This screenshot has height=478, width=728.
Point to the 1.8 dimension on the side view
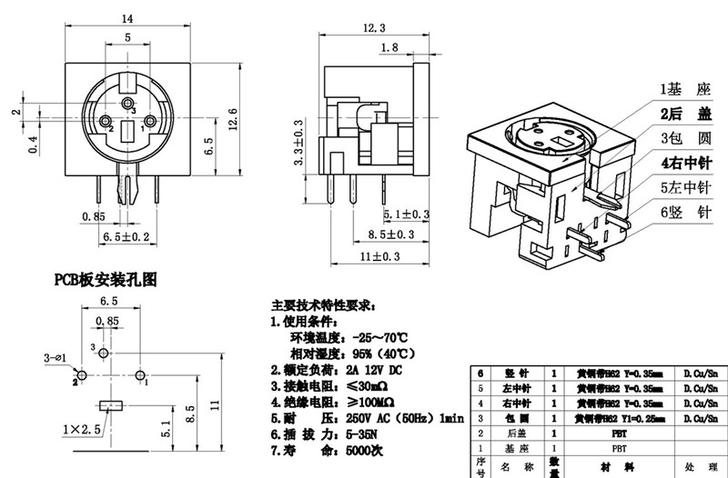coord(389,47)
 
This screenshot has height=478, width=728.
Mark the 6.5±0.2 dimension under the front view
coord(123,236)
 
